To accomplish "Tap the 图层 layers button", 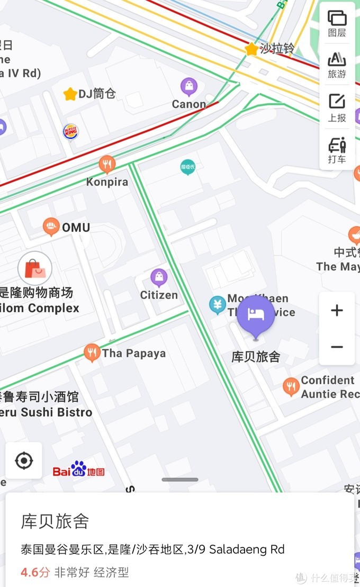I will click(337, 24).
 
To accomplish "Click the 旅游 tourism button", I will click(337, 65).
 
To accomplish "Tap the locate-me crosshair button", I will click(24, 461).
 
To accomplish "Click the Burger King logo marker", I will click(70, 131).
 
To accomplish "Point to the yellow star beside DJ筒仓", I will click(70, 94).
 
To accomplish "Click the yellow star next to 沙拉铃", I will click(251, 49).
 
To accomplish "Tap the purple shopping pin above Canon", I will click(188, 86).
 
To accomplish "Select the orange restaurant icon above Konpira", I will click(107, 164).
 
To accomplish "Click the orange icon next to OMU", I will click(51, 227).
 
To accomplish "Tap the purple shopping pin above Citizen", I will click(159, 277).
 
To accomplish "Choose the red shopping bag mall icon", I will click(35, 269).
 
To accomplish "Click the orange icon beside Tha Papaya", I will click(92, 353).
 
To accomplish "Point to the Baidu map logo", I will click(78, 470).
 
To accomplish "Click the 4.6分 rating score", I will click(35, 572).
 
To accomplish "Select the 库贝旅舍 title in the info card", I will click(55, 521).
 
